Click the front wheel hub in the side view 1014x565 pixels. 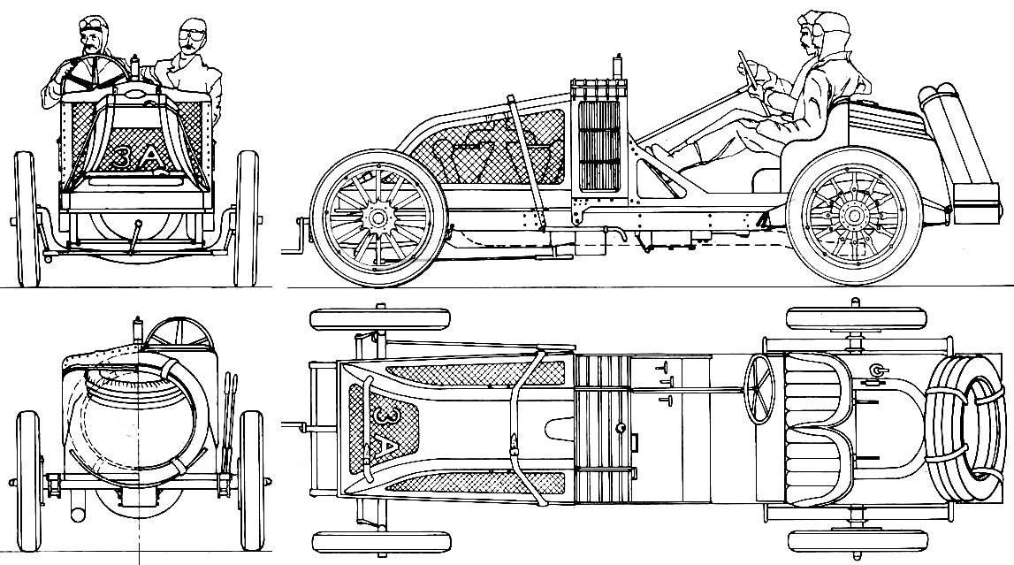[x=378, y=218]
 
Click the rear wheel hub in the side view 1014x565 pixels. [x=854, y=215]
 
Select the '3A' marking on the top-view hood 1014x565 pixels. [x=386, y=433]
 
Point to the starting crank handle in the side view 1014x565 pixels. [x=300, y=237]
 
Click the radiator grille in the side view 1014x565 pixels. [x=598, y=146]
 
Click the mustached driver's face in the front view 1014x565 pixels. [x=93, y=42]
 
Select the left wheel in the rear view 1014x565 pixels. [x=27, y=480]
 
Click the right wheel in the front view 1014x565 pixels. [x=247, y=218]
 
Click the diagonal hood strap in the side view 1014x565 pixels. [x=526, y=163]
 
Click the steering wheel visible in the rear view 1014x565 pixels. [x=179, y=332]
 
